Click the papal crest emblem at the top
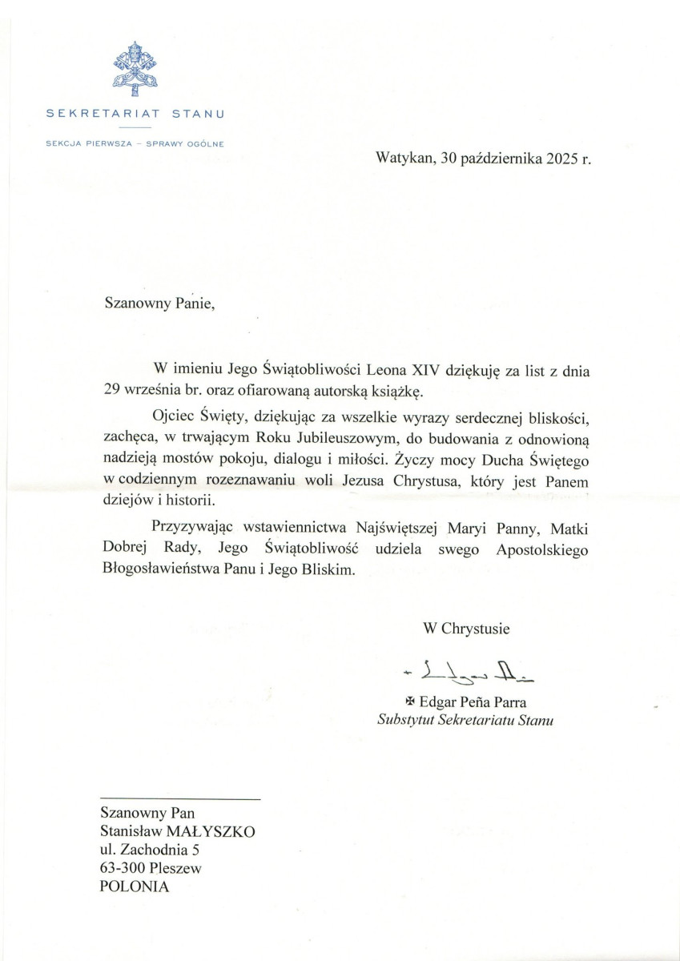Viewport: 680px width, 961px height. [x=135, y=69]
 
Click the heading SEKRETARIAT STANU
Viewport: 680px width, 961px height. [x=135, y=114]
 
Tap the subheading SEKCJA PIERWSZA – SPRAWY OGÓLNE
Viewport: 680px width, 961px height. [x=135, y=144]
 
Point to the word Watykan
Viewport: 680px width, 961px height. [x=403, y=159]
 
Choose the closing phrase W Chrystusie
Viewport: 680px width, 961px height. [x=466, y=628]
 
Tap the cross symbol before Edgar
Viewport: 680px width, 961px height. [x=412, y=703]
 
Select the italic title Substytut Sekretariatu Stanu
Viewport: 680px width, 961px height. [x=465, y=719]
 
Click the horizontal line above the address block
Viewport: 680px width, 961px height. [x=179, y=799]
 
